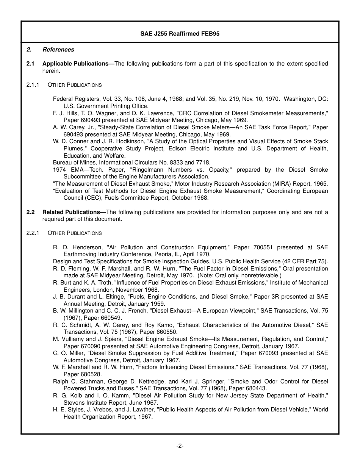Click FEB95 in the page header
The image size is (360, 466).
[211, 34]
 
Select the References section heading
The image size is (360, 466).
[58, 50]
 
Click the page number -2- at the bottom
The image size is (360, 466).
[180, 446]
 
